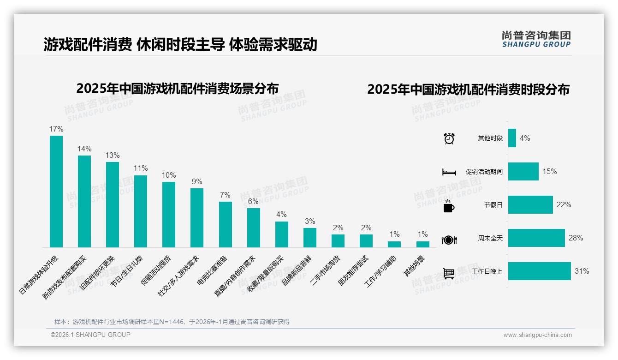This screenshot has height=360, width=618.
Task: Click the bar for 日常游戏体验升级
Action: [56, 192]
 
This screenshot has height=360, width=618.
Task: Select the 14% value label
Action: [84, 149]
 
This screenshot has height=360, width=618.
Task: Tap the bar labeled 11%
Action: [141, 211]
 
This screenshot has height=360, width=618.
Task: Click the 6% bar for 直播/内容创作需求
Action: [254, 228]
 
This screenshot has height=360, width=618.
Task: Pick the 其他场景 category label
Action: [415, 266]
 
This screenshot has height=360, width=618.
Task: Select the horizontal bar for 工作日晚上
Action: [539, 271]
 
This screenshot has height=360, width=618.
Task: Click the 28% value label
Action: [576, 238]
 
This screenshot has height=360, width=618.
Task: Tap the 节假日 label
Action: [493, 205]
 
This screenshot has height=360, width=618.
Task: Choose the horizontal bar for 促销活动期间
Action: [523, 171]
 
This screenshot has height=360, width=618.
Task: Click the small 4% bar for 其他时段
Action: [512, 138]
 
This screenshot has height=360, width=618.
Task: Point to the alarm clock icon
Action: [449, 138]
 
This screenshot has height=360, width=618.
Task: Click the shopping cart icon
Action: [449, 273]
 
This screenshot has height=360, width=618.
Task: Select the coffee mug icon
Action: [448, 206]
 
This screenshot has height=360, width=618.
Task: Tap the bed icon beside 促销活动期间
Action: [449, 172]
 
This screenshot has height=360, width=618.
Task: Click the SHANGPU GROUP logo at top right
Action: [536, 39]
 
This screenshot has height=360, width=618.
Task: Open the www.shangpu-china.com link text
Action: [537, 335]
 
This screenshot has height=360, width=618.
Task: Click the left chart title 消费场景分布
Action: [177, 89]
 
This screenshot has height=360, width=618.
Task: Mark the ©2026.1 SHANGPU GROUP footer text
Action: [90, 335]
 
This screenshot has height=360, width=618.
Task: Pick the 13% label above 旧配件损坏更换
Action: [113, 155]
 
